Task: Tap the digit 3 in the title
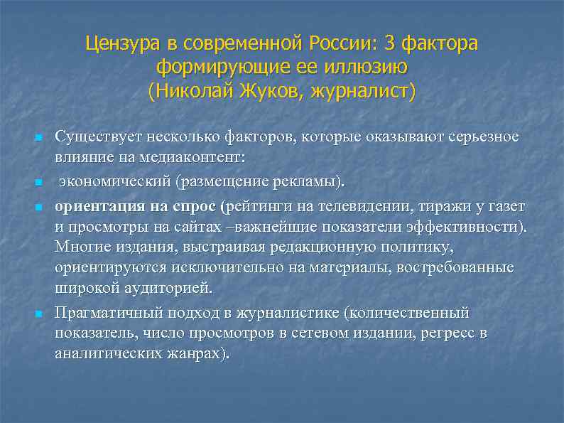tap(391, 44)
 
